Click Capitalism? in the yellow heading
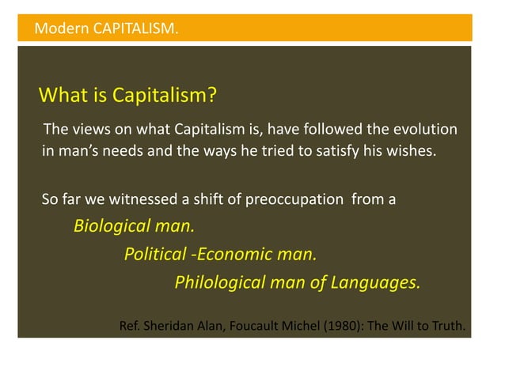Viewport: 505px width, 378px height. pos(164,96)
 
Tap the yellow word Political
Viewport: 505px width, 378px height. pos(155,255)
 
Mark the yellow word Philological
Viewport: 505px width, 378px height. pos(218,282)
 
